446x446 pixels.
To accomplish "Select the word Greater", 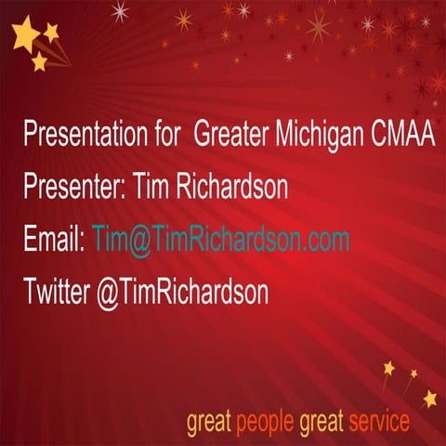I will tap(232, 136).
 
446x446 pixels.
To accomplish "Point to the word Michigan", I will tap(319, 136).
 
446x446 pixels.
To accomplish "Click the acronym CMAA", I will tap(401, 136).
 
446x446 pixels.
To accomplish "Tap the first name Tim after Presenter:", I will tap(151, 188).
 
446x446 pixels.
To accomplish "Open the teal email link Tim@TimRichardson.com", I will tap(221, 240).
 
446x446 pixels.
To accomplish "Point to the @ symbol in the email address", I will tap(140, 241).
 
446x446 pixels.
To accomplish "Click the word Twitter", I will tap(57, 293).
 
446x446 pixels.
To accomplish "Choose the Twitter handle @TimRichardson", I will tap(182, 293).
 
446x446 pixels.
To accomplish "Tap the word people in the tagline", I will tap(264, 422).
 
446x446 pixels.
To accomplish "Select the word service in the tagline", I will tap(379, 422).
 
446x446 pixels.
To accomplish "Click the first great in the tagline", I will tap(209, 424).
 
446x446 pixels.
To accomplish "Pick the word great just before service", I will tap(321, 424).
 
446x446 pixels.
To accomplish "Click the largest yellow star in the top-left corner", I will tap(25, 36).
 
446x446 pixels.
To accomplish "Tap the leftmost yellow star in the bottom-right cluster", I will tap(388, 370).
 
